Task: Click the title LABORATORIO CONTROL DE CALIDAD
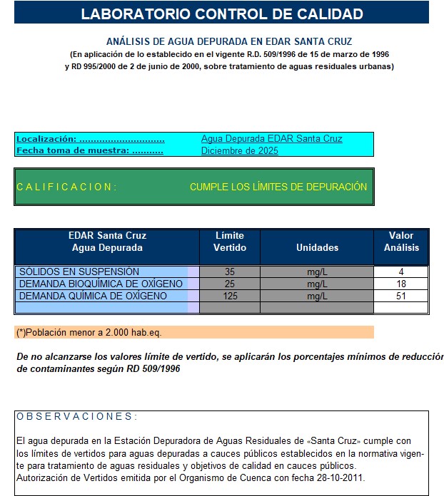click(221, 14)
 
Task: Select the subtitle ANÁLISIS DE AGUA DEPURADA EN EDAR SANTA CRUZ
click(229, 42)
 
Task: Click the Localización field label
click(90, 139)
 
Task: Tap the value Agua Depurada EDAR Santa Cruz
click(271, 139)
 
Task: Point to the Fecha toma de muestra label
click(90, 150)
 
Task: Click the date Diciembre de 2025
click(239, 150)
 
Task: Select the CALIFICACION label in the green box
click(66, 187)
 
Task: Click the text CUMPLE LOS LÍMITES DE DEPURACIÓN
click(278, 187)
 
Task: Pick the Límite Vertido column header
click(229, 242)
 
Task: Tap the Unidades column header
click(317, 247)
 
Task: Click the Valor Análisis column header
click(401, 242)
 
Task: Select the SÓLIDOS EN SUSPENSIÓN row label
click(79, 272)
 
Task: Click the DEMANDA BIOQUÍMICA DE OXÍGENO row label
click(101, 284)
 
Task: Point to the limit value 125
click(230, 296)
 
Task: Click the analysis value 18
click(401, 284)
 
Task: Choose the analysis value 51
click(401, 296)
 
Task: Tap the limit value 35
click(230, 272)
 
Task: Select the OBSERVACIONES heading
click(77, 416)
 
